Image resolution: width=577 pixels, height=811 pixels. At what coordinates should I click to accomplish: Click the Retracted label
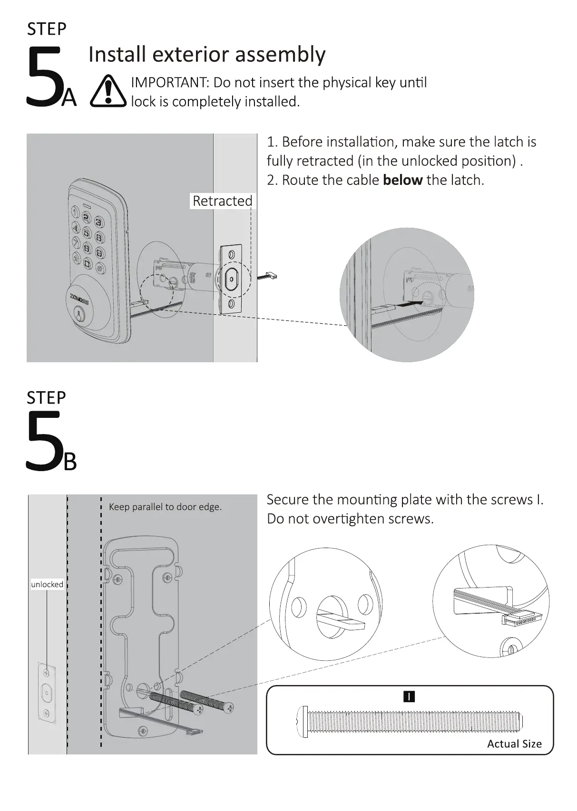coord(222,201)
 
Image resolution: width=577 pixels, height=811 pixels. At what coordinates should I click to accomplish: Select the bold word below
coord(402,180)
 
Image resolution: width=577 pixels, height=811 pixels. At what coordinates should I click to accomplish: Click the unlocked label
coord(47,584)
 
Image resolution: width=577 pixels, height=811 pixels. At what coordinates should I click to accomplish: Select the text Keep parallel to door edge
coord(165,507)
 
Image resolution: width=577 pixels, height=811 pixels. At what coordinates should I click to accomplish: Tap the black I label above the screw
coord(409,696)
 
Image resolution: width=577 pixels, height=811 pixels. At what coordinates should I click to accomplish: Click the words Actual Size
coord(514,744)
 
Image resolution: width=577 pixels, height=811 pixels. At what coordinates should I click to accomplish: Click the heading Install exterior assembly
coord(207,54)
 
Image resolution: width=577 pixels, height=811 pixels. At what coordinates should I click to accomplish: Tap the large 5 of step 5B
coord(44,441)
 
